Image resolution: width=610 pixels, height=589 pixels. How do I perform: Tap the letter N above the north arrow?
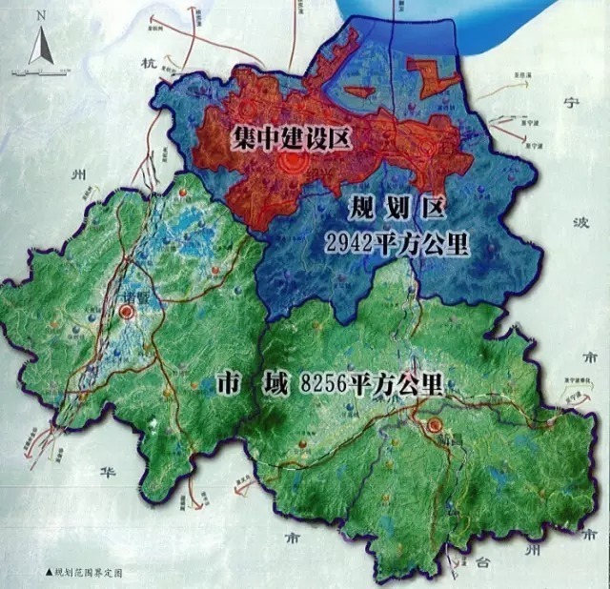[x=39, y=16]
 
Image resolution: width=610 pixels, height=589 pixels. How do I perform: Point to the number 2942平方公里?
[x=396, y=242]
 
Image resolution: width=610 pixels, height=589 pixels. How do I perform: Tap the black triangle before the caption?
[x=49, y=575]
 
